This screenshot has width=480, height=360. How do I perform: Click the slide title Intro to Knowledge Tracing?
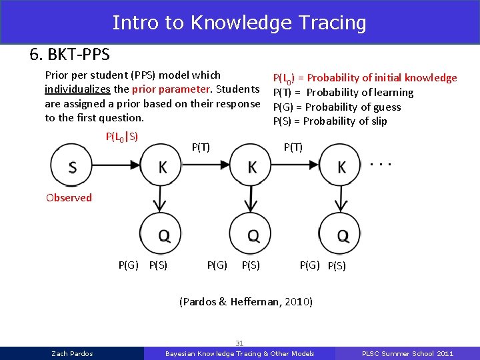tap(239, 23)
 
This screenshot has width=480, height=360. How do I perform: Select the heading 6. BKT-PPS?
tap(69, 54)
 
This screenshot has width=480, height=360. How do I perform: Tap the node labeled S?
tap(72, 167)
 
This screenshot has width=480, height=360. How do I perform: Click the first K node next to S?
tap(163, 167)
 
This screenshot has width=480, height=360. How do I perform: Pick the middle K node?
tap(252, 167)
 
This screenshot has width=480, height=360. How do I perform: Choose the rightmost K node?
tap(341, 167)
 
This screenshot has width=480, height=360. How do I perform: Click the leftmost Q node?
tap(163, 234)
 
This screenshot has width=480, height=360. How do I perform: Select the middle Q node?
tap(252, 234)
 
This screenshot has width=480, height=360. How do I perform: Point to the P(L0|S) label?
tap(122, 137)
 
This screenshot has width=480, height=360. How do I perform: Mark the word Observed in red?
tap(69, 197)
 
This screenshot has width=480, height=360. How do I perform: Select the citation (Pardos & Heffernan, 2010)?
tap(246, 301)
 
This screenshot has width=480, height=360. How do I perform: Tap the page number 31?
tap(239, 343)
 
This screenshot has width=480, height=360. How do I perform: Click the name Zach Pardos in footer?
tap(72, 353)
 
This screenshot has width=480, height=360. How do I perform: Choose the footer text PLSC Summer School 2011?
tap(407, 353)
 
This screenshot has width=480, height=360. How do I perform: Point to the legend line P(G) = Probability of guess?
tap(337, 107)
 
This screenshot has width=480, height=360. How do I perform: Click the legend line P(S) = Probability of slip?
tap(329, 121)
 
